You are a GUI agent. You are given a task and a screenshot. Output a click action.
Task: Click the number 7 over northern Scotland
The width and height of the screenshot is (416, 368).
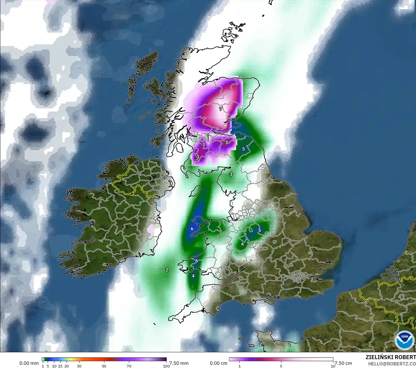point(220,109)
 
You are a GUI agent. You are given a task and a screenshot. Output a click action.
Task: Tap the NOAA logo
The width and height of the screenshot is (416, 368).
point(404,340)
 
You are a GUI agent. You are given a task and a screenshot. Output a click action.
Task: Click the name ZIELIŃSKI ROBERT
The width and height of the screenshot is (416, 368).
point(391,357)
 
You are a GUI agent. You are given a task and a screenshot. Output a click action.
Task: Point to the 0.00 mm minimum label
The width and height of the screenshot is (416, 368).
point(29,363)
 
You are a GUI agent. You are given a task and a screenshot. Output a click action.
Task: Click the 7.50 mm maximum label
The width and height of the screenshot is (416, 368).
point(179,363)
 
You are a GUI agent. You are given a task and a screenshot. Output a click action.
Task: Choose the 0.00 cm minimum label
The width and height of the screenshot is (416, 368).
point(219,363)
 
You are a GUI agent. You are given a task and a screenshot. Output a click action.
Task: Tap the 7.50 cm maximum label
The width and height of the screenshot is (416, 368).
point(343,363)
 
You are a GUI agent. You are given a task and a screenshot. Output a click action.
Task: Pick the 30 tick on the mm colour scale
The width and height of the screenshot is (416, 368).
point(79,366)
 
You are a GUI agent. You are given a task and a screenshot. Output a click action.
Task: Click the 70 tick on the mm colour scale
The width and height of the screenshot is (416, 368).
point(129,366)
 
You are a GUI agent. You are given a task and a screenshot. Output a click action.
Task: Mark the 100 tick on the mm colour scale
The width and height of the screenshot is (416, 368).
point(166,366)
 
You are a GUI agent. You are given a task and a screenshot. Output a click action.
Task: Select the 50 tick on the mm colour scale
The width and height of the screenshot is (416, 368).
point(104,366)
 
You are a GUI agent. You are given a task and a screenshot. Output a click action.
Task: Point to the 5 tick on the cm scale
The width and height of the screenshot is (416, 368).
point(281,366)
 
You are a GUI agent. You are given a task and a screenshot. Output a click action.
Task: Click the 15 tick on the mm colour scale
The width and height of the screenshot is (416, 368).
point(60,366)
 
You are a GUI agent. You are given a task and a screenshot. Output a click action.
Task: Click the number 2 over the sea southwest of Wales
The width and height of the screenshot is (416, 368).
point(167,270)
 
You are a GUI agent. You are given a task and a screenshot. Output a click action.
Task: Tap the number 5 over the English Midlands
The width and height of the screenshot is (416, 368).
point(259,230)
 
